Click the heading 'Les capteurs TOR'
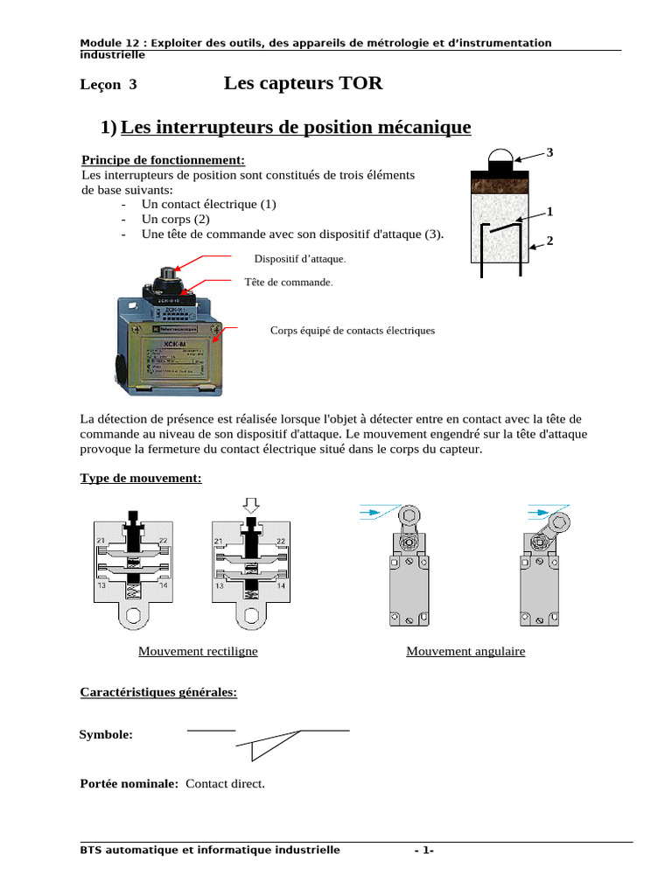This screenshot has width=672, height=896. [x=303, y=84]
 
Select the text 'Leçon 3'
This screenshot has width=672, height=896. [x=108, y=85]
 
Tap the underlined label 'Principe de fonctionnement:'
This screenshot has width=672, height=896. [x=163, y=160]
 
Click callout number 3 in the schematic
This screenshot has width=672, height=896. [x=549, y=153]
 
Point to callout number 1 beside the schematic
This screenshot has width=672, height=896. [x=549, y=212]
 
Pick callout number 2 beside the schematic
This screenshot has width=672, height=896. [x=549, y=241]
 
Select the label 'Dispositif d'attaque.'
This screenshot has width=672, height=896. [x=300, y=259]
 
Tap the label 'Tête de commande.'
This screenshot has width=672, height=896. [x=289, y=283]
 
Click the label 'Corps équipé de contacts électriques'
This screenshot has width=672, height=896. [x=353, y=331]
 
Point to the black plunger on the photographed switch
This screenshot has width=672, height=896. [x=165, y=278]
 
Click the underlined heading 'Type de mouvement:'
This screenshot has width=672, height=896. [x=141, y=479]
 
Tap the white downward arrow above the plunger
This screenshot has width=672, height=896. [x=251, y=506]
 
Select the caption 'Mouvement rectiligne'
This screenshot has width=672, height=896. [x=198, y=652]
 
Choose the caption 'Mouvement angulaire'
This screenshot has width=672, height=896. [x=465, y=652]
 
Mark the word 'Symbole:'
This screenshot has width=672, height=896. [x=106, y=735]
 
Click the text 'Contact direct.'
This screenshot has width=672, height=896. [x=225, y=784]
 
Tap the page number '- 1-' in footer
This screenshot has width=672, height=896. [x=423, y=850]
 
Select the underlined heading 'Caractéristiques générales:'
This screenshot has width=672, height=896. [x=158, y=692]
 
